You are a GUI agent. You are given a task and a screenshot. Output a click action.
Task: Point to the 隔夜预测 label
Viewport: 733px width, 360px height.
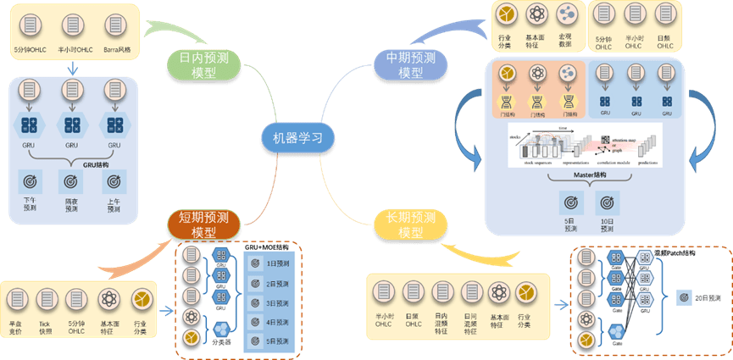(72, 203)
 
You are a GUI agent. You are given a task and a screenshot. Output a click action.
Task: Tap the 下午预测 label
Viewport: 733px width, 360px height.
(31, 203)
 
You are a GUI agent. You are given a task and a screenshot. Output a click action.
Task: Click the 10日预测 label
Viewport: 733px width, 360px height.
(607, 224)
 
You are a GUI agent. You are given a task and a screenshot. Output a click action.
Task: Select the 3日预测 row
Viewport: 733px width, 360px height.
(273, 302)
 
